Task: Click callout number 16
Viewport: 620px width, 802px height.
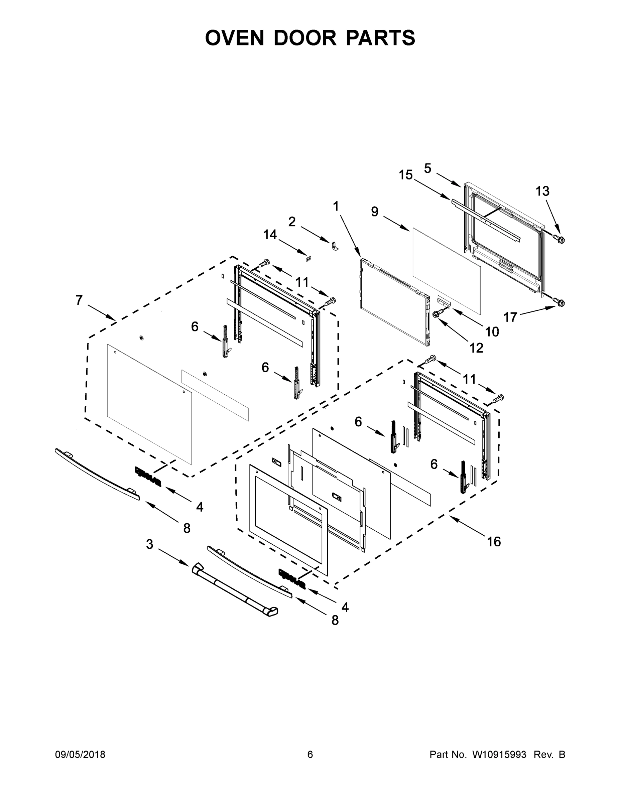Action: coord(494,541)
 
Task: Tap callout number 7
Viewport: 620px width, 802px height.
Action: coord(79,300)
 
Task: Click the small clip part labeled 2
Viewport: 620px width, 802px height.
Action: coord(335,246)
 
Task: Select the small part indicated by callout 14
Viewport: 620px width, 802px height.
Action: coord(308,258)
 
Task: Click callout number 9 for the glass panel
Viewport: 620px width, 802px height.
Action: coord(375,212)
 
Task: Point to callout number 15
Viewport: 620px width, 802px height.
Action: coord(406,175)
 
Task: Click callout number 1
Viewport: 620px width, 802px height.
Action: coord(336,207)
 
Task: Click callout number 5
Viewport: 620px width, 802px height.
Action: coord(427,168)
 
